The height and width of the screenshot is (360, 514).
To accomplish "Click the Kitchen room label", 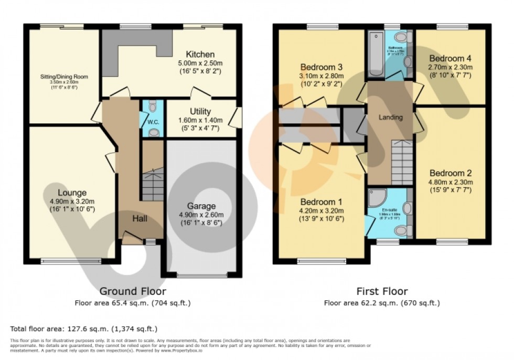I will click(x=200, y=54).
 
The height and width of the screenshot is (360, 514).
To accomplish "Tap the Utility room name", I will click(x=200, y=111).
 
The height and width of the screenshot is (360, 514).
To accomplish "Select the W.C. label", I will click(x=153, y=123).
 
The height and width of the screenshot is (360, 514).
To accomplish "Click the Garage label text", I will click(x=201, y=206).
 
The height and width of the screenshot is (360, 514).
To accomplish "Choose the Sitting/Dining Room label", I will click(x=65, y=77).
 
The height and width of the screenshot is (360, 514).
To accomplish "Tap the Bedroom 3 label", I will click(x=322, y=67).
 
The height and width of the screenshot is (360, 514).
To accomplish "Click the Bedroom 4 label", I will click(x=450, y=58).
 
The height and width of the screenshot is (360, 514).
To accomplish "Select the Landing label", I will click(x=391, y=118).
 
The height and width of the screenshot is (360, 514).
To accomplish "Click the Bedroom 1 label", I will click(x=322, y=202).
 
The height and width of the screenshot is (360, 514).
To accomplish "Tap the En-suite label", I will click(x=389, y=209).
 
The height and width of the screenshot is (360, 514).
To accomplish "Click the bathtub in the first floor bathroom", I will click(x=376, y=55).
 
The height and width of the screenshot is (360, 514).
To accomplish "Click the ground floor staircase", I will click(x=153, y=184).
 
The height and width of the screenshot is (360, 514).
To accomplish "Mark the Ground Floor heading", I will click(x=133, y=291).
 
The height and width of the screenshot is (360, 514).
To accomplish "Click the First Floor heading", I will click(x=381, y=291).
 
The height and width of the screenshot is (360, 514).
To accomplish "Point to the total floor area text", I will click(x=84, y=329).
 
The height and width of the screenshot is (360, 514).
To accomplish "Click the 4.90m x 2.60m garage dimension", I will click(x=201, y=215).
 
